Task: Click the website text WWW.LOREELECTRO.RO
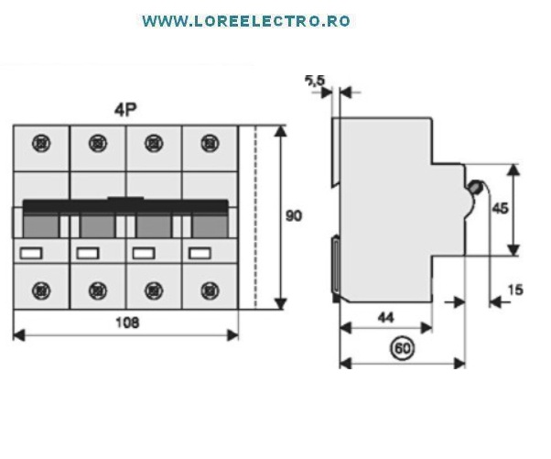pyautogui.click(x=246, y=21)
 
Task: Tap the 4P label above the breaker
pyautogui.click(x=125, y=110)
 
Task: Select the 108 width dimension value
pyautogui.click(x=127, y=322)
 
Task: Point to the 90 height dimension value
pyautogui.click(x=294, y=215)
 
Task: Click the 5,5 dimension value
pyautogui.click(x=315, y=81)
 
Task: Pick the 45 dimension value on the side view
pyautogui.click(x=500, y=209)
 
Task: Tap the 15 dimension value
pyautogui.click(x=515, y=290)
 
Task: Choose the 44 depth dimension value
pyautogui.click(x=386, y=318)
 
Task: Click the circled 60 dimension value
pyautogui.click(x=403, y=348)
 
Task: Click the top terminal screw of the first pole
pyautogui.click(x=41, y=144)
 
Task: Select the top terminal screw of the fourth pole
pyautogui.click(x=210, y=144)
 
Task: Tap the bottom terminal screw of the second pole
pyautogui.click(x=98, y=290)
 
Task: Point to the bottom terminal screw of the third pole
pyautogui.click(x=154, y=290)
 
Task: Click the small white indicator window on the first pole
pyautogui.click(x=31, y=253)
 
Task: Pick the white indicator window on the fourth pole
pyautogui.click(x=200, y=253)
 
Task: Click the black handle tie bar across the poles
pyautogui.click(x=125, y=206)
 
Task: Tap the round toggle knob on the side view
pyautogui.click(x=475, y=187)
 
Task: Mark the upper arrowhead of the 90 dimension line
pyautogui.click(x=280, y=131)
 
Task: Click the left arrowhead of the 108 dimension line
pyautogui.click(x=18, y=335)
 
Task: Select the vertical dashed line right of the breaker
pyautogui.click(x=255, y=217)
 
